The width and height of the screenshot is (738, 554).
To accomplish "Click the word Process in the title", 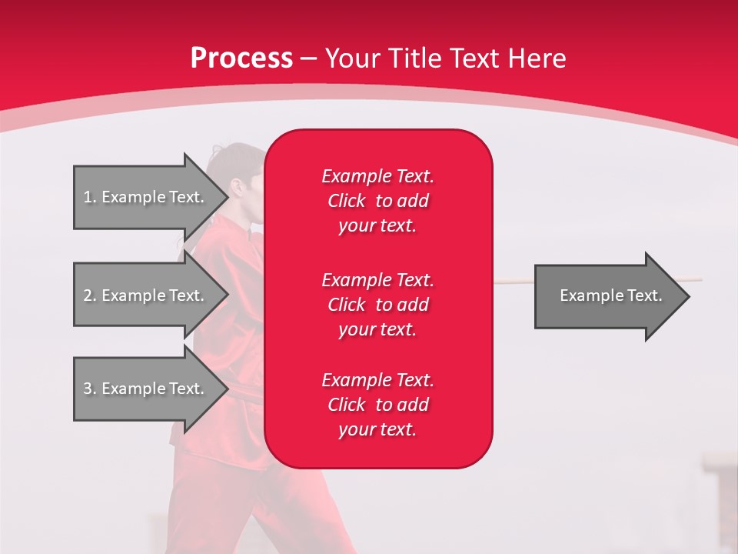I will pyautogui.click(x=241, y=58).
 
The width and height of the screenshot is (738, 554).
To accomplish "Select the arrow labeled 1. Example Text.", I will pyautogui.click(x=146, y=197).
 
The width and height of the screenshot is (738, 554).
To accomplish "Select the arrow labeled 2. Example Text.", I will pyautogui.click(x=146, y=295).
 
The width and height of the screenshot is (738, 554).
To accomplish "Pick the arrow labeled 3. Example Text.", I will pyautogui.click(x=146, y=389).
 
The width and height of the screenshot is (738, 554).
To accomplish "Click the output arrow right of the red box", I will pyautogui.click(x=607, y=295).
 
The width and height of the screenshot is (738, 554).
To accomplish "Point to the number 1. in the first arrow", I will pyautogui.click(x=90, y=197).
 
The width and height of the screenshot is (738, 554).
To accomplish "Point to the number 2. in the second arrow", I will pyautogui.click(x=90, y=295).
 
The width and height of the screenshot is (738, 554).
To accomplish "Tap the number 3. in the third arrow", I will pyautogui.click(x=90, y=389).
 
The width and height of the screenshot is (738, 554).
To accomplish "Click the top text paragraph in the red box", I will pyautogui.click(x=377, y=201).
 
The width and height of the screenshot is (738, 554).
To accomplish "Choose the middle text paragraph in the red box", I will pyautogui.click(x=377, y=304).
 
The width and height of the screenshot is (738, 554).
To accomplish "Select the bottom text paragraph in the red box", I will pyautogui.click(x=377, y=405).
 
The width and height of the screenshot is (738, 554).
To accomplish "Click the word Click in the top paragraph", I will pyautogui.click(x=346, y=201).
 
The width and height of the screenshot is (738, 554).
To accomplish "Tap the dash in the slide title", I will pyautogui.click(x=309, y=58).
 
